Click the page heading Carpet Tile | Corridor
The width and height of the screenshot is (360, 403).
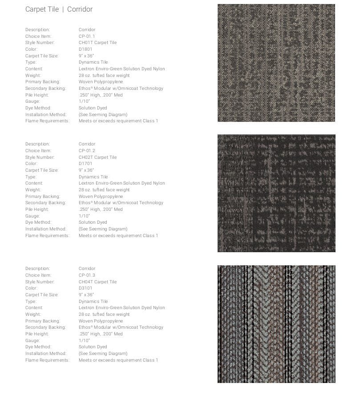tap(59, 9)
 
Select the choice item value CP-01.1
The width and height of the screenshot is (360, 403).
tap(87, 36)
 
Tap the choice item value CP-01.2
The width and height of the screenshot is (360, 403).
tap(87, 150)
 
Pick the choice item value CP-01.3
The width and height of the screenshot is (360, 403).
tap(87, 275)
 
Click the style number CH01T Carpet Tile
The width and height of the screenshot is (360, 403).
tap(97, 43)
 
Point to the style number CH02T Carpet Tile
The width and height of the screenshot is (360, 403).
tap(97, 157)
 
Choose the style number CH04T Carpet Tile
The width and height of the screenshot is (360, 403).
tap(97, 282)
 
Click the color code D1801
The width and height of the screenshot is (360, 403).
tap(85, 49)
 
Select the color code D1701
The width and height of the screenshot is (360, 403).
tap(85, 163)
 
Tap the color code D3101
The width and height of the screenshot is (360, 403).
tap(85, 288)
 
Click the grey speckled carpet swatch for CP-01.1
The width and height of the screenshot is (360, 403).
tap(276, 63)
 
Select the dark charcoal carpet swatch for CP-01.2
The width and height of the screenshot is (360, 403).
tap(276, 193)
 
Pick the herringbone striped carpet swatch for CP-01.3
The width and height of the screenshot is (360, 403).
tap(276, 324)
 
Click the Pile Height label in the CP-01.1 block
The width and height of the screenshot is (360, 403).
tap(37, 95)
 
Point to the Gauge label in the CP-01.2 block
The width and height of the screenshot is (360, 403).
tap(32, 216)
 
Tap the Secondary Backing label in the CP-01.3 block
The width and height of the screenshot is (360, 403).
tap(45, 327)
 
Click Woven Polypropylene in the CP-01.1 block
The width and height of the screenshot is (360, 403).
tap(101, 82)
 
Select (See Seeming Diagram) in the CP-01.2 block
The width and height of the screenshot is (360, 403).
tap(103, 229)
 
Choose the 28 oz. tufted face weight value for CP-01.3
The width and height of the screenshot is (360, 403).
tap(104, 314)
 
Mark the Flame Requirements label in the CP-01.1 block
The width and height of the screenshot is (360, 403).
tap(47, 121)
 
